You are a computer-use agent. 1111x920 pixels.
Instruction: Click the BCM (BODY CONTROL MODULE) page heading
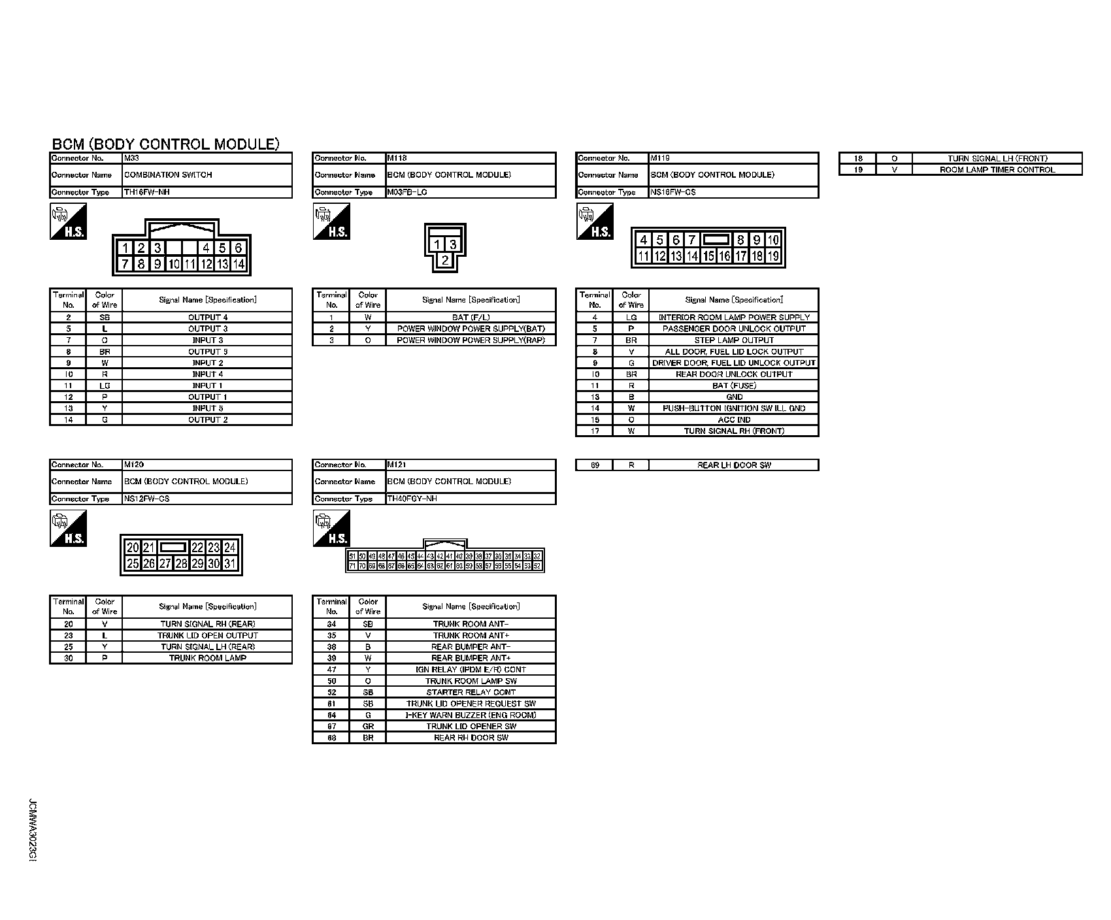[x=165, y=144]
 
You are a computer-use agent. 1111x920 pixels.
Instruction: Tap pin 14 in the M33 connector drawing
[x=239, y=265]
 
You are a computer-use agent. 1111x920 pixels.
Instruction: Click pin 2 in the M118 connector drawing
[x=445, y=260]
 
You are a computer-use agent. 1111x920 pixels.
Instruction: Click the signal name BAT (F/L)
[x=471, y=318]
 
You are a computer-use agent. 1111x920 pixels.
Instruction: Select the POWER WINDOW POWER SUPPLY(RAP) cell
[x=471, y=340]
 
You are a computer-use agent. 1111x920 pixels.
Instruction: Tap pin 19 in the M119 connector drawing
[x=773, y=256]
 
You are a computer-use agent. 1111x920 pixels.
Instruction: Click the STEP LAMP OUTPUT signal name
[x=734, y=340]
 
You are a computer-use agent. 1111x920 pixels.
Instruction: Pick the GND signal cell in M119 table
[x=734, y=397]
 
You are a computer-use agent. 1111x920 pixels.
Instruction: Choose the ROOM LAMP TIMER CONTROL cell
[x=997, y=170]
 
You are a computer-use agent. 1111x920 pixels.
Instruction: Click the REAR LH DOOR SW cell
[x=734, y=465]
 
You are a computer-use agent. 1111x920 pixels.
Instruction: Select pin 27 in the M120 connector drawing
[x=165, y=563]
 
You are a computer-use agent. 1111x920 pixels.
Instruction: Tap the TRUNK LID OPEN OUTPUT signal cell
[x=208, y=636]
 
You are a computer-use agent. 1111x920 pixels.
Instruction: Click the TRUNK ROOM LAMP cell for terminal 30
[x=208, y=658]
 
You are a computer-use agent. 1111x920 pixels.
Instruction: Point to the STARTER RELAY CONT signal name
[x=471, y=693]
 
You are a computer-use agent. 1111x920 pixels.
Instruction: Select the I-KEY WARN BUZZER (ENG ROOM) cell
[x=471, y=715]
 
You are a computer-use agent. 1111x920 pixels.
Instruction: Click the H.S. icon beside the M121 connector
[x=331, y=529]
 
